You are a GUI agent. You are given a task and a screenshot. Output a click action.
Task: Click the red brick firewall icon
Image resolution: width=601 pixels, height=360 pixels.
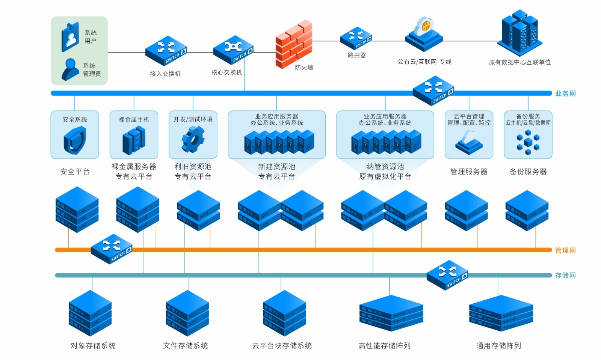tap(294, 44)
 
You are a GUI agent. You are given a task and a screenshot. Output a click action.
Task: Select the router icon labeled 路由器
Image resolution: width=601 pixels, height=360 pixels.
tap(356, 38)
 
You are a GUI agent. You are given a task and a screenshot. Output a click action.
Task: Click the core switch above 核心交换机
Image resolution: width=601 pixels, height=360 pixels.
tap(233, 50)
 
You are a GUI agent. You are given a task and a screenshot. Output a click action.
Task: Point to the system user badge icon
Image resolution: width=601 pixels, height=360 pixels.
tap(70, 37)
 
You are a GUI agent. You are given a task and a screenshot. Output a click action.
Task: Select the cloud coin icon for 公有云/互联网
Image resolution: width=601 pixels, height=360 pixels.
tap(424, 34)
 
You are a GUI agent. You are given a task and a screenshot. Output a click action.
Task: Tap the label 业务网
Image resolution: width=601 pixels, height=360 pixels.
tap(565, 93)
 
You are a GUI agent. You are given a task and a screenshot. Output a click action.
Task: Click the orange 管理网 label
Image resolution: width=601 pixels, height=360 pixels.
tap(565, 250)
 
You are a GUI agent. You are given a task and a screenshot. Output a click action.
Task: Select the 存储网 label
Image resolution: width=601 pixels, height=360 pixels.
tap(565, 276)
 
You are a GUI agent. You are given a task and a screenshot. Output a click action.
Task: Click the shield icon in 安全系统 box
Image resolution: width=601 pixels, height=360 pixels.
tap(75, 140)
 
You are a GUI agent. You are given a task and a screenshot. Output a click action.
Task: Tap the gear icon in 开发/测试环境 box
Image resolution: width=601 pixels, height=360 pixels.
tap(193, 139)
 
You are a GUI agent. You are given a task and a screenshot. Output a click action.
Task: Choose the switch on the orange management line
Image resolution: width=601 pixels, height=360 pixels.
tap(112, 249)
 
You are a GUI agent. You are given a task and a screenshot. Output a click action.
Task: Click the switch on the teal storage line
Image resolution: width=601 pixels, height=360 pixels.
tap(447, 274)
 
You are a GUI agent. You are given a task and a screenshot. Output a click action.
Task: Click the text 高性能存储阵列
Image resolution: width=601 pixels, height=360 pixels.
tap(384, 346)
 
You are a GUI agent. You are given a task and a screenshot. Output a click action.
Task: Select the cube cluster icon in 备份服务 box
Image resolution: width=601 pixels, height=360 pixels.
tap(528, 143)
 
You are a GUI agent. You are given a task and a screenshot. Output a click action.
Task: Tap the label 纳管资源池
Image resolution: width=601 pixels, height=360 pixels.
tap(385, 167)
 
